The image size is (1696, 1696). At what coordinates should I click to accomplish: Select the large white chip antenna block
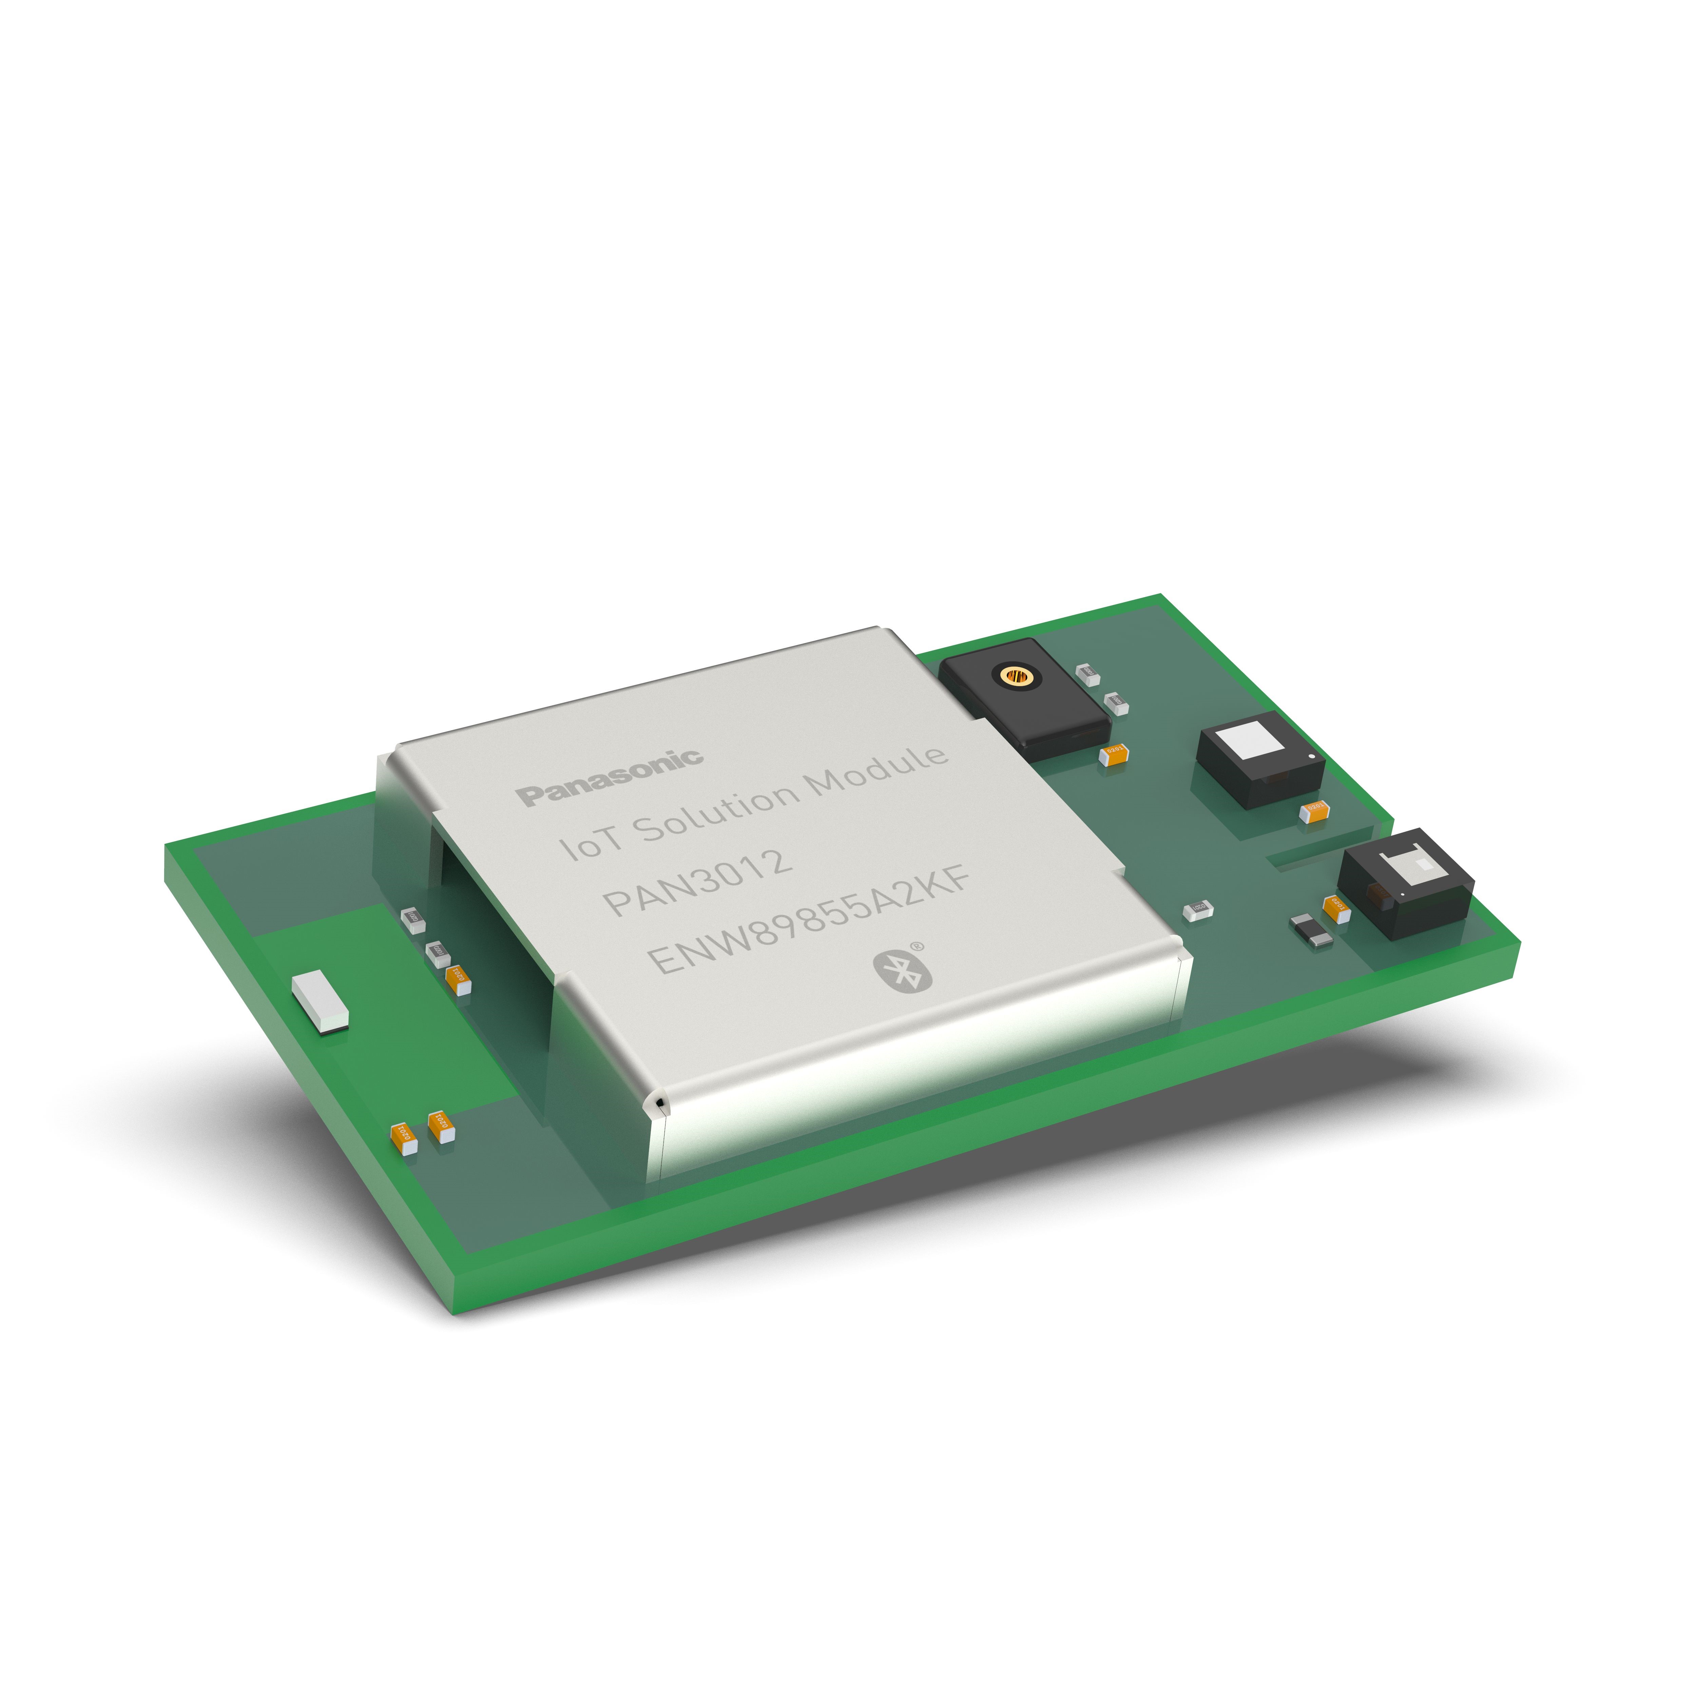[320, 1001]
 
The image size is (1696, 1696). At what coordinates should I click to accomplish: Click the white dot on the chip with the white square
[1311, 756]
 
